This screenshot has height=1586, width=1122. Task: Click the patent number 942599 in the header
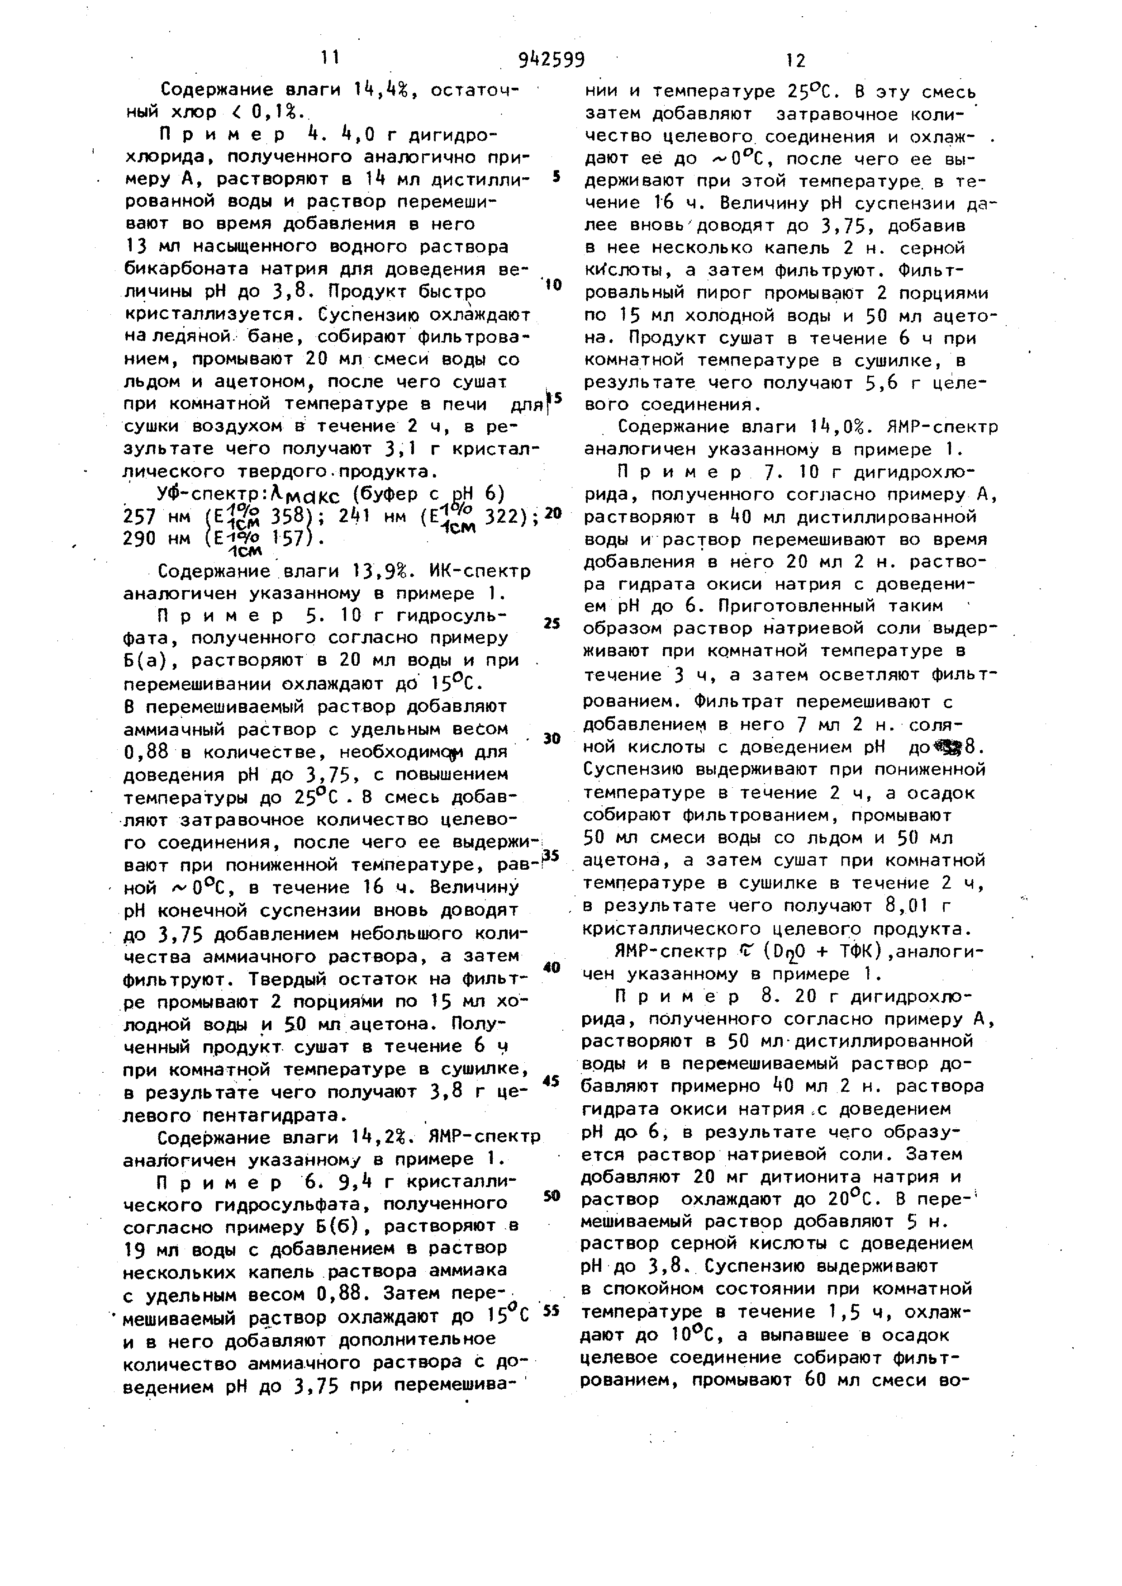coord(551,60)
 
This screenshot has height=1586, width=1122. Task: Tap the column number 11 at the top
coord(330,58)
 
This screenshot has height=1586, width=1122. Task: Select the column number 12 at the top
coord(795,61)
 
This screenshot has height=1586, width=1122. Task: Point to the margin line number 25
coord(551,623)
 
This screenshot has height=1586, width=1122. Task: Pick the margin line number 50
coord(551,1196)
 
